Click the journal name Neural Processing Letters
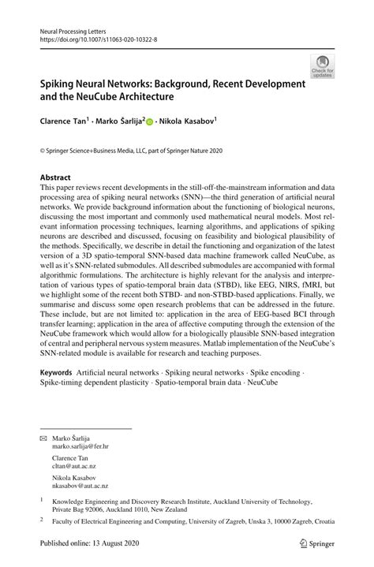[73, 27]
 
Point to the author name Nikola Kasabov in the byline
[188, 123]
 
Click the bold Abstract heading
[56, 178]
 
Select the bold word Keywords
[55, 393]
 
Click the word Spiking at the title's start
[61, 83]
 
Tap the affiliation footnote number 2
[42, 521]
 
